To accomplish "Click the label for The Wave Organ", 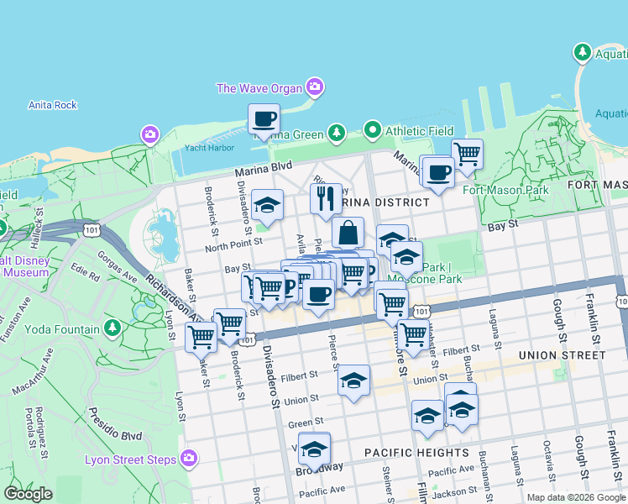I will coord(259,87).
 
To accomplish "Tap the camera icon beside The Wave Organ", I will coord(315,86).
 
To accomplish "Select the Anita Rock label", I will coord(52,105).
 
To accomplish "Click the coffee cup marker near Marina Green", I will coord(264,118).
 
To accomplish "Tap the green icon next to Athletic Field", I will coord(372,131).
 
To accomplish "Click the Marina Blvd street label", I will coord(263,171).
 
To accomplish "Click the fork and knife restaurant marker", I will coord(325,199).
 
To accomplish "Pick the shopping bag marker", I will coord(348,233).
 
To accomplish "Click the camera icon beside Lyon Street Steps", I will coord(189,459).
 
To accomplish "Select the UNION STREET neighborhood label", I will coord(562,355).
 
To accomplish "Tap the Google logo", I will coord(28,494).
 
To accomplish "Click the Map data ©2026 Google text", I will coord(576,497).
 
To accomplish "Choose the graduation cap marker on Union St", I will coord(353,380).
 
